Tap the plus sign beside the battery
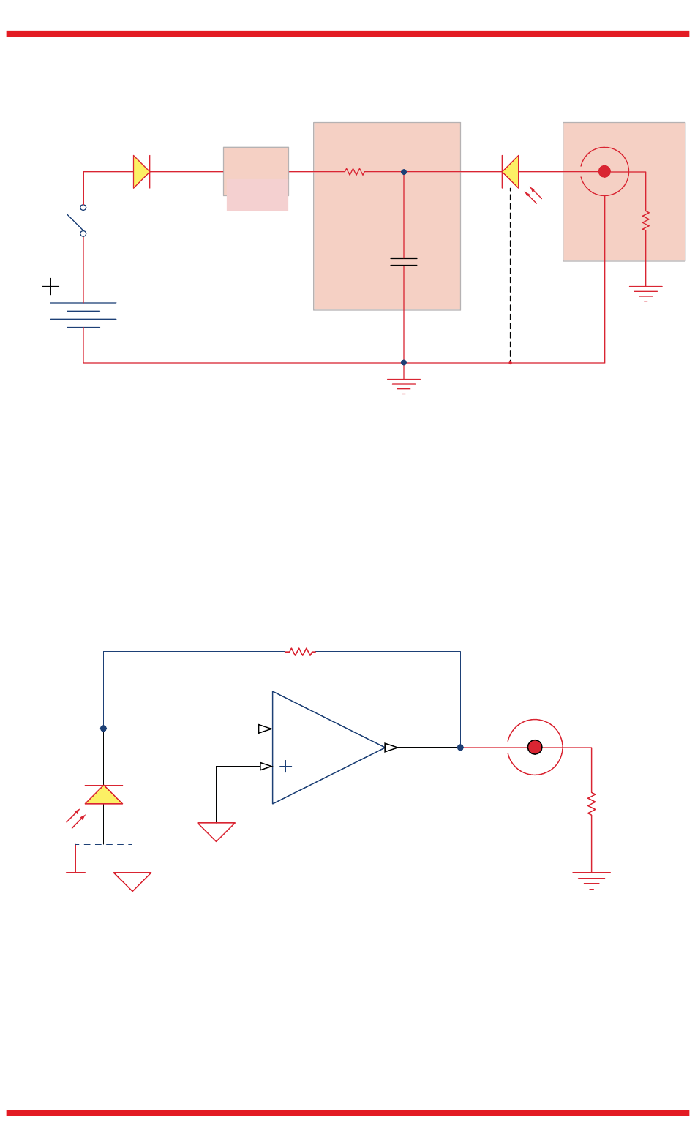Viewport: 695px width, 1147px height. pos(50,286)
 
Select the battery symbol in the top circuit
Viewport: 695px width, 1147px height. pos(83,315)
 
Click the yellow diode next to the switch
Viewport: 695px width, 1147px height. pos(141,172)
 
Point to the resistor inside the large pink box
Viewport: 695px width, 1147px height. pos(355,172)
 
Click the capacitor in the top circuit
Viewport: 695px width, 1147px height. pos(404,261)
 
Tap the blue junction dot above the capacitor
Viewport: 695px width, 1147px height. pos(404,172)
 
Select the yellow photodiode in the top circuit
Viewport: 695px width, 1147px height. pos(511,172)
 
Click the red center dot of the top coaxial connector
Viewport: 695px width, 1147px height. pos(604,171)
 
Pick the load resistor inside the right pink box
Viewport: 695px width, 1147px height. pos(646,221)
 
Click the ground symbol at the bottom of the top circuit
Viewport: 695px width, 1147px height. pos(404,386)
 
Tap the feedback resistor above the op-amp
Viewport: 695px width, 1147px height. pos(301,651)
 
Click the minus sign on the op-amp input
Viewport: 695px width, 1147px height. pos(286,729)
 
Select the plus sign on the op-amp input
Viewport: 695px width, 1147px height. pos(286,766)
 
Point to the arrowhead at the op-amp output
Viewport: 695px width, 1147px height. pos(391,748)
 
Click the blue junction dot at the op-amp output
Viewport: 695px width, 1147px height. pos(460,748)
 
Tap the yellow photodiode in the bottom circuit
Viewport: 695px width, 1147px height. pos(104,795)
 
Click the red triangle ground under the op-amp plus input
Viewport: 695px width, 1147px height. pos(217,832)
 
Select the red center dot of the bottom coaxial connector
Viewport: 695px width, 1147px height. pos(535,747)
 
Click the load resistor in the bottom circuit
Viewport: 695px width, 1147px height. pos(592,803)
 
